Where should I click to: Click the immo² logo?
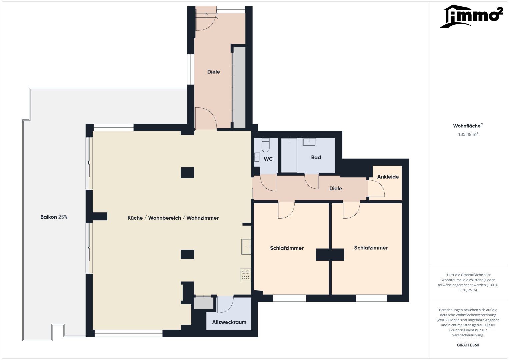pos(472,16)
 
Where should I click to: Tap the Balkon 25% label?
pos(54,217)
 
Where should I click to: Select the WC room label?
pos(268,159)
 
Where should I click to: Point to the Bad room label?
pos(316,157)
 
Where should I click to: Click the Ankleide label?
pos(388,177)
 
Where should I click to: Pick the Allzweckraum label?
pos(229,322)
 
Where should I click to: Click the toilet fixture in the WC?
pos(265,145)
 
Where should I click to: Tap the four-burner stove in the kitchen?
pos(245,275)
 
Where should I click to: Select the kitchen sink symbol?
pos(246,247)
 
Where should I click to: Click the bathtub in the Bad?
pos(289,155)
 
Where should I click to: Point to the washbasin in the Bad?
pos(309,142)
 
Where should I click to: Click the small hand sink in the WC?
pos(257,157)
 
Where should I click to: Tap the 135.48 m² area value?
pos(468,134)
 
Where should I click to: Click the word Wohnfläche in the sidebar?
pos(467,126)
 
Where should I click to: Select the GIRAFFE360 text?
pos(468,345)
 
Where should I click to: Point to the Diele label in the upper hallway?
pos(213,72)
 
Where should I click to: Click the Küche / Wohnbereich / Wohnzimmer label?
pos(173,218)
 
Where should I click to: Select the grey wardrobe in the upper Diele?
pos(239,87)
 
